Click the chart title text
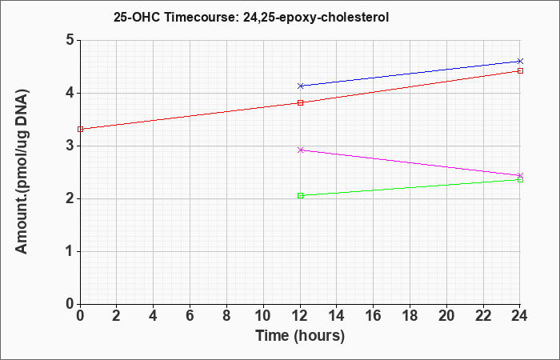click(x=251, y=17)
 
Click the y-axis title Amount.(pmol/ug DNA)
click(x=22, y=171)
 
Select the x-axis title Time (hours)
click(x=300, y=336)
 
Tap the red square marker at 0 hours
click(x=81, y=129)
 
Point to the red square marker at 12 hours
click(x=300, y=103)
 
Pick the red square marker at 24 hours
click(x=520, y=70)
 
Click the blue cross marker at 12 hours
click(x=300, y=86)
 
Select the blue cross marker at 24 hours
click(x=520, y=61)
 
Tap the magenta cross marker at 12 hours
click(x=300, y=150)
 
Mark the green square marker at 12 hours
click(x=300, y=195)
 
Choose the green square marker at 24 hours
click(x=520, y=180)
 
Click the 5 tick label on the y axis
click(x=70, y=40)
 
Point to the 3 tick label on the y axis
click(x=70, y=146)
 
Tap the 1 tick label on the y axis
click(x=70, y=251)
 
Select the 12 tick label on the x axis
click(x=300, y=316)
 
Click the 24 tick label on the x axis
click(x=519, y=316)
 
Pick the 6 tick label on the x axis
click(x=190, y=316)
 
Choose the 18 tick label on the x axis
click(x=410, y=316)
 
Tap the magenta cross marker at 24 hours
click(x=520, y=175)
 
